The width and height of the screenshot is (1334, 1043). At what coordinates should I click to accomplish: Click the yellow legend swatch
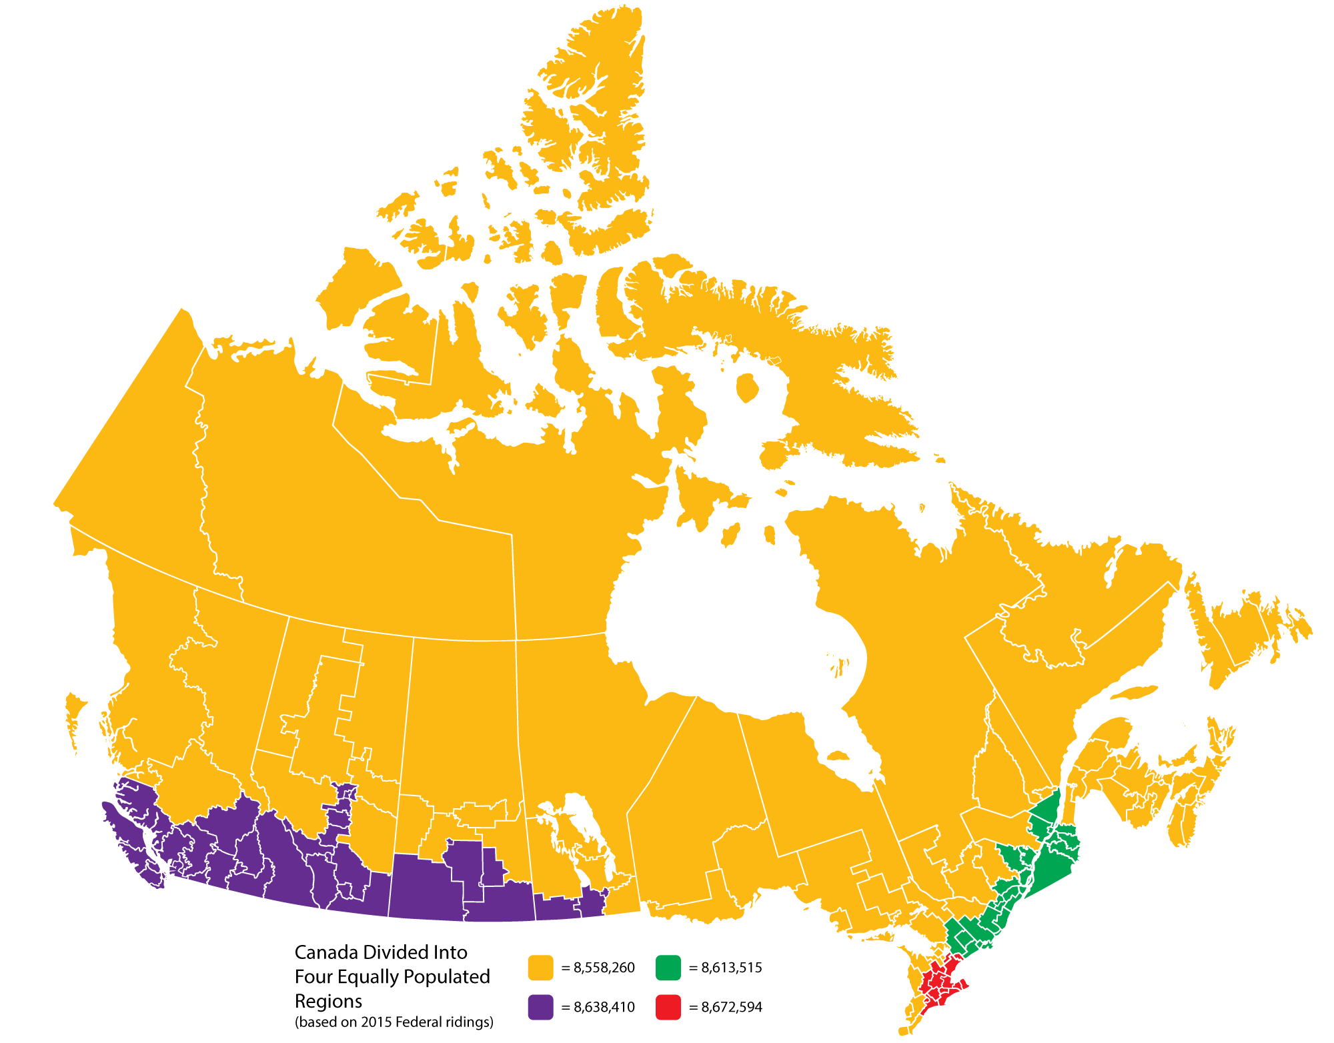[540, 968]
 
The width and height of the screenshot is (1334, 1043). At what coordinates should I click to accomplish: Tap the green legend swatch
[668, 968]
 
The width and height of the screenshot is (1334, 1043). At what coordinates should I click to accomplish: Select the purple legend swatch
[540, 1007]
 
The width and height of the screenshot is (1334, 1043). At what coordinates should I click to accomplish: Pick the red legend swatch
[668, 1007]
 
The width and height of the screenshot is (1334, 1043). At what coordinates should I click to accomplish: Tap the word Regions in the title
[328, 1001]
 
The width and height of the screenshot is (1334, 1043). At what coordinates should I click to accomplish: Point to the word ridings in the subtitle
[470, 1022]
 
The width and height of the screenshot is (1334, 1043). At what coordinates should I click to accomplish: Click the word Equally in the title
[369, 977]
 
